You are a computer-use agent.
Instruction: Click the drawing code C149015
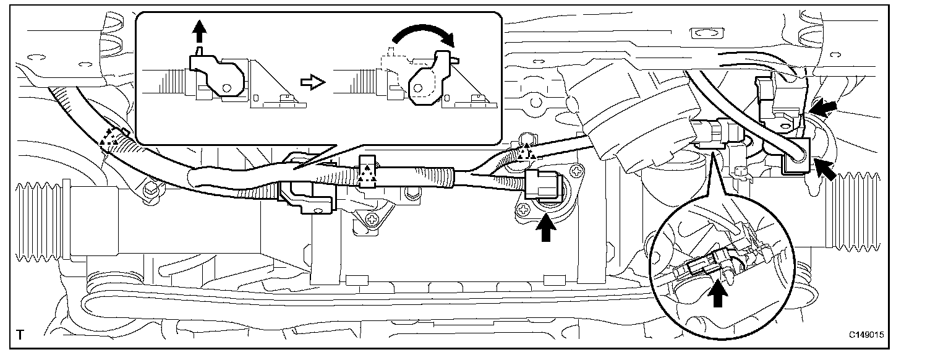pos(866,335)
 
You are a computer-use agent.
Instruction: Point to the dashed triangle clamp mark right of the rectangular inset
pos(526,152)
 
